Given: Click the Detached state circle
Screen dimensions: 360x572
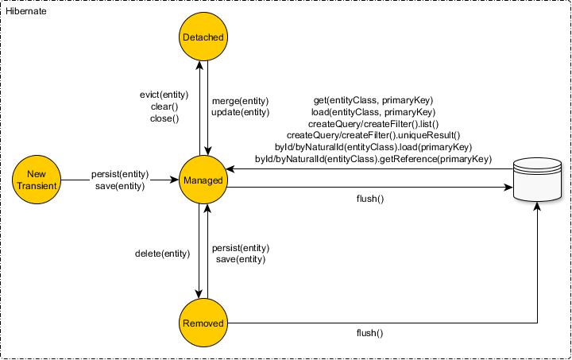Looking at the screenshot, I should (x=203, y=37).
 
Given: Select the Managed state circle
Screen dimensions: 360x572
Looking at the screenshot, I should (x=203, y=180).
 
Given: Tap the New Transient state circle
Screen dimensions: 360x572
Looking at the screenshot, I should (x=37, y=180).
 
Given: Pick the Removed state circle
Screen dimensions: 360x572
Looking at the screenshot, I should (x=203, y=323).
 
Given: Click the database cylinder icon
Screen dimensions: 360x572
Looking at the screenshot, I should (x=538, y=180).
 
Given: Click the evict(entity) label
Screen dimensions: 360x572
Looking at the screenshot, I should (x=164, y=95).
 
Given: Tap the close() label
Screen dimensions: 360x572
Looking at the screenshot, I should (x=164, y=118).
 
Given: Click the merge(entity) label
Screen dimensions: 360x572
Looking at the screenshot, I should (x=240, y=101).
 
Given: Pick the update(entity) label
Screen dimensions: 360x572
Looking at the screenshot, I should (x=240, y=113).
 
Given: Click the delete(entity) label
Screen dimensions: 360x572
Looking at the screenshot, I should (x=163, y=254).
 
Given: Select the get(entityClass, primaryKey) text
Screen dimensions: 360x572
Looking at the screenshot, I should (x=373, y=101).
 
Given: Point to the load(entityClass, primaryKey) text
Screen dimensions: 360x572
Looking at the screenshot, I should (x=373, y=113).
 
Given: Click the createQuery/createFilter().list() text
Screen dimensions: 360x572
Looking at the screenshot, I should (x=373, y=125).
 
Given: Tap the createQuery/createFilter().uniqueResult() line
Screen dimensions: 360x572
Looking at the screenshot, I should (x=373, y=136).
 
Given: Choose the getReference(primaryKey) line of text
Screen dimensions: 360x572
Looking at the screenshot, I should (x=373, y=160).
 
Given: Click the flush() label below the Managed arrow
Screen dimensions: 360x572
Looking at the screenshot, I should (x=370, y=199).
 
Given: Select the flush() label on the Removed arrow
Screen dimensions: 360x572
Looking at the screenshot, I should (x=369, y=334).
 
